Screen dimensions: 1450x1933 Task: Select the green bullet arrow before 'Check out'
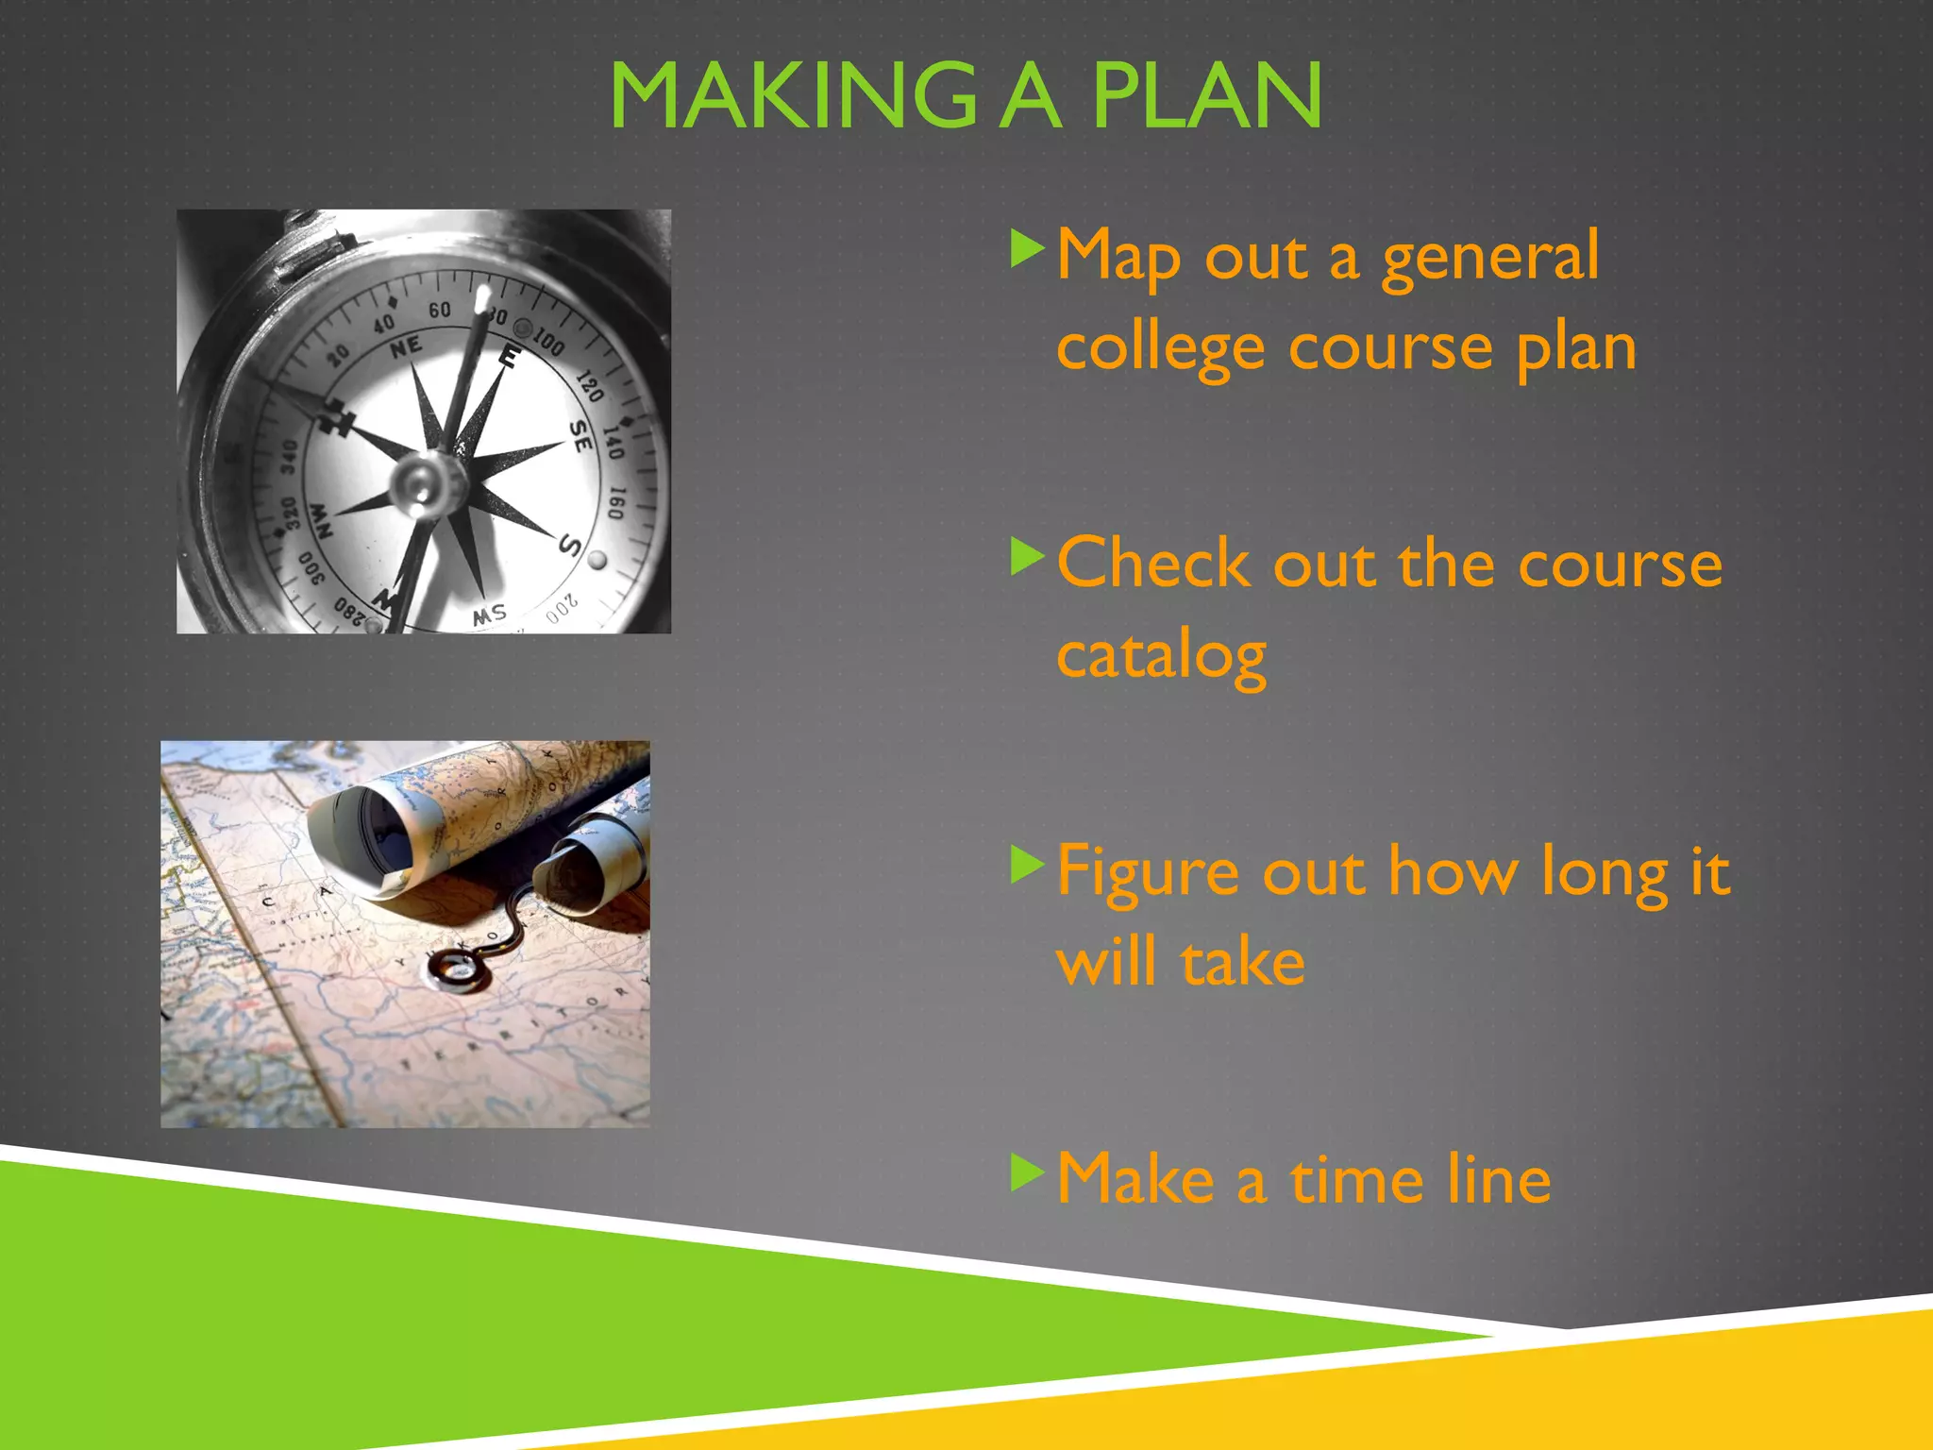coord(1026,556)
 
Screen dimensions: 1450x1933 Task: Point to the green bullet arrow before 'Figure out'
coord(1026,864)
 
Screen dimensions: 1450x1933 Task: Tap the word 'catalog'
coord(1161,656)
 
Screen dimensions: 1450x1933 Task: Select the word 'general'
coord(1491,257)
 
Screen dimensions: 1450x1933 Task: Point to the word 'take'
coord(1243,963)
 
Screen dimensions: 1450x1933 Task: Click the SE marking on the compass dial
coord(581,435)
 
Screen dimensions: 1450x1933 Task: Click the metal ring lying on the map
coord(459,969)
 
